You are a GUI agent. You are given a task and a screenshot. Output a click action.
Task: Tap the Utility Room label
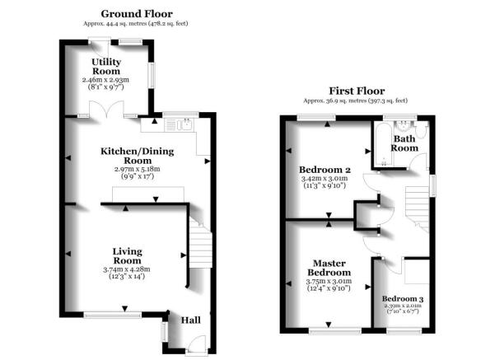107,66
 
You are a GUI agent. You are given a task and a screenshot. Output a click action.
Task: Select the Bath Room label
404,144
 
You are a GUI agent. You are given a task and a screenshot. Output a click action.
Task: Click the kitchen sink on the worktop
179,126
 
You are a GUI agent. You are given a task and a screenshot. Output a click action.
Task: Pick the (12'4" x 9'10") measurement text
328,289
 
